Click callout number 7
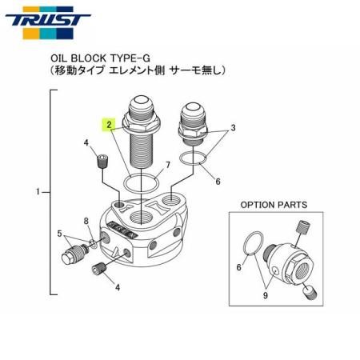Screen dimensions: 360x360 [166, 166]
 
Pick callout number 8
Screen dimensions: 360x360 [86, 220]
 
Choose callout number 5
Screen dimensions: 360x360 [59, 234]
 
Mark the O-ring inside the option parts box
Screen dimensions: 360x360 [251, 244]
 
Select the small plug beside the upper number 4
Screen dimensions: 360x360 [102, 162]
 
